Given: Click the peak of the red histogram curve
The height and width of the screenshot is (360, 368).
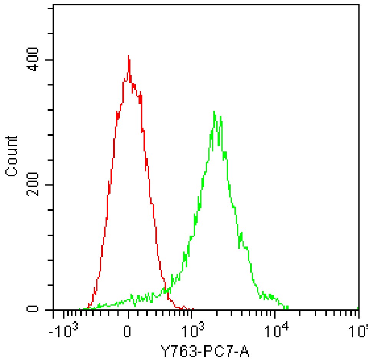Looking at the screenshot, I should tap(128, 56).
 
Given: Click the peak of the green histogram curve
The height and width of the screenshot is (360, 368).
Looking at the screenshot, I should tap(214, 112).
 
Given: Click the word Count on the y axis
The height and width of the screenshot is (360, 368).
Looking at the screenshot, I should tap(12, 156).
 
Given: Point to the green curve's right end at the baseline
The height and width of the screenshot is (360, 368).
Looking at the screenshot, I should tap(287, 308).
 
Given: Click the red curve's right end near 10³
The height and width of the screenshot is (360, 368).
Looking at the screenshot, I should tap(193, 309).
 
